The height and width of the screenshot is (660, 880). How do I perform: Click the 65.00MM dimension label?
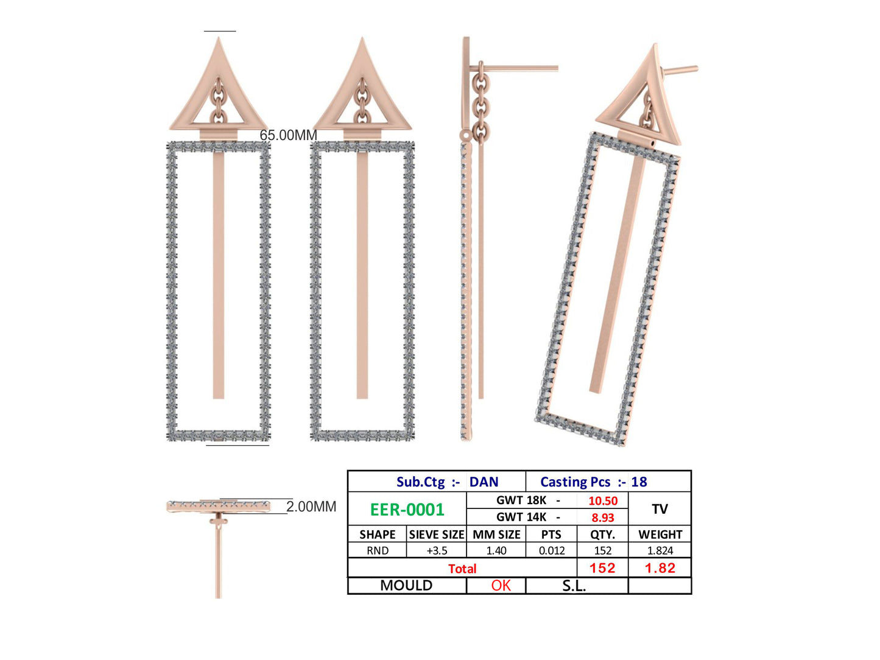(288, 135)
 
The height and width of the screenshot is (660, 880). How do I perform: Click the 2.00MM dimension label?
(311, 507)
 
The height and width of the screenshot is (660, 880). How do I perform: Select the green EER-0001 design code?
(407, 510)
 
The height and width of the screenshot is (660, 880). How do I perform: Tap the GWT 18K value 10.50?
(602, 501)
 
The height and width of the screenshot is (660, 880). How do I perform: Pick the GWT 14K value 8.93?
(602, 518)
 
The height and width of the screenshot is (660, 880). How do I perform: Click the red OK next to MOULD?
(501, 586)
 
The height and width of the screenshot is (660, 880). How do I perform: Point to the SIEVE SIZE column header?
(436, 535)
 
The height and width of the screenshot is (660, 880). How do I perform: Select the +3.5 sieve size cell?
(436, 550)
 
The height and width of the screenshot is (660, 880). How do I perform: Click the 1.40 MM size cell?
(496, 550)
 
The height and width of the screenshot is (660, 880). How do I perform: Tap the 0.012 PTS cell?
(551, 550)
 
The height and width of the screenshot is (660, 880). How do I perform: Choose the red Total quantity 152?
(602, 568)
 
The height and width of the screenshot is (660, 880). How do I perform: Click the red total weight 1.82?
(660, 568)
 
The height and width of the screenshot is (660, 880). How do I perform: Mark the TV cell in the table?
(660, 509)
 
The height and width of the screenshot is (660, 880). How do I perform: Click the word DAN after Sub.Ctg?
(484, 482)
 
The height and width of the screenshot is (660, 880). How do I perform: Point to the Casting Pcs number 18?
(639, 482)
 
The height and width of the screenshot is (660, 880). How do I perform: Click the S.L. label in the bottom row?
(574, 586)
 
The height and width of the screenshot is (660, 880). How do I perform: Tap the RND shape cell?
(377, 550)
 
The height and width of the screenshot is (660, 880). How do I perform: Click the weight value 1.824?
(660, 550)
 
